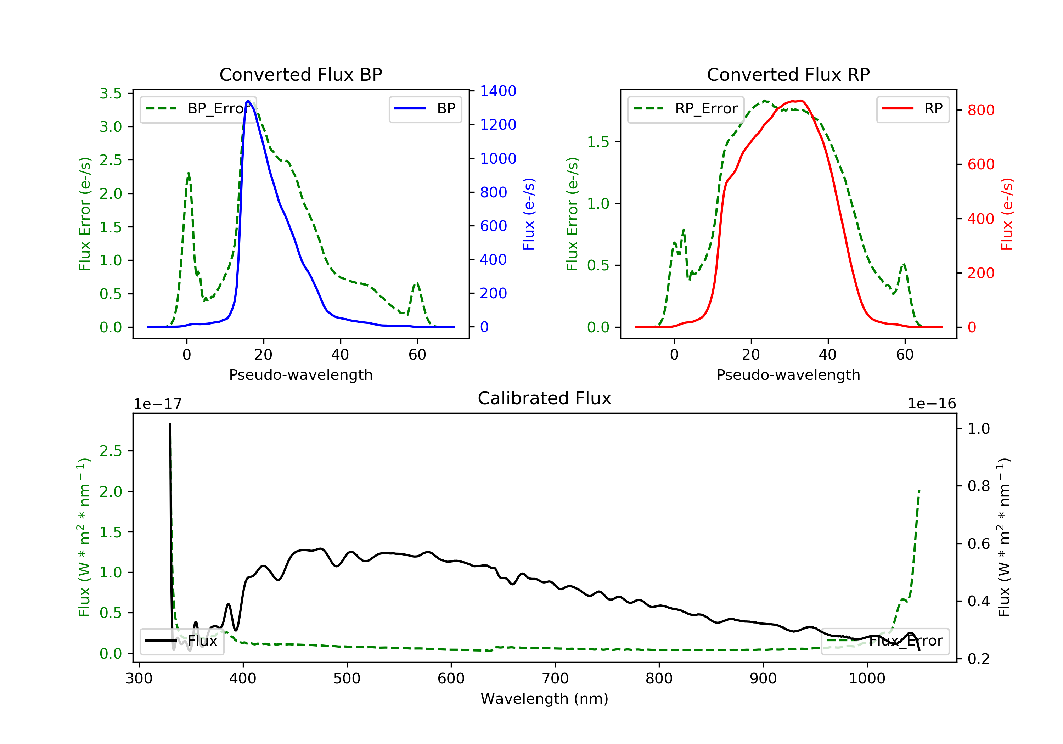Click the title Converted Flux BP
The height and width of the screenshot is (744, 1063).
click(x=300, y=74)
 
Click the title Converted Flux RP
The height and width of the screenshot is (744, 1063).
click(x=788, y=74)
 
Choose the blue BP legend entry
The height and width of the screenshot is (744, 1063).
click(x=425, y=109)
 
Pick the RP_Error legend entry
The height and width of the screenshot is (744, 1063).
click(x=686, y=109)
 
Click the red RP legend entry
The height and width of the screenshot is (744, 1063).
click(x=912, y=109)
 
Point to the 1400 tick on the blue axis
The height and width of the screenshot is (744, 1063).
click(x=498, y=91)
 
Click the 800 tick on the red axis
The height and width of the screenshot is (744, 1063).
click(x=980, y=110)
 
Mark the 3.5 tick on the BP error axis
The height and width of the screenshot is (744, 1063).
click(x=111, y=94)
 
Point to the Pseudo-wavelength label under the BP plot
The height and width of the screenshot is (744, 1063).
click(x=300, y=374)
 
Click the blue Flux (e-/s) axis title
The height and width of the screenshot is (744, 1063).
click(x=529, y=214)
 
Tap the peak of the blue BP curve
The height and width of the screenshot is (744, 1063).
click(x=248, y=101)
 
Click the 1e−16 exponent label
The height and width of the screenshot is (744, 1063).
click(x=932, y=404)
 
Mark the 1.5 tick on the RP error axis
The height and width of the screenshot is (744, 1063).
click(x=598, y=142)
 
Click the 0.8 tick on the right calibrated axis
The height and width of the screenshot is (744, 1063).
click(x=978, y=486)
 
